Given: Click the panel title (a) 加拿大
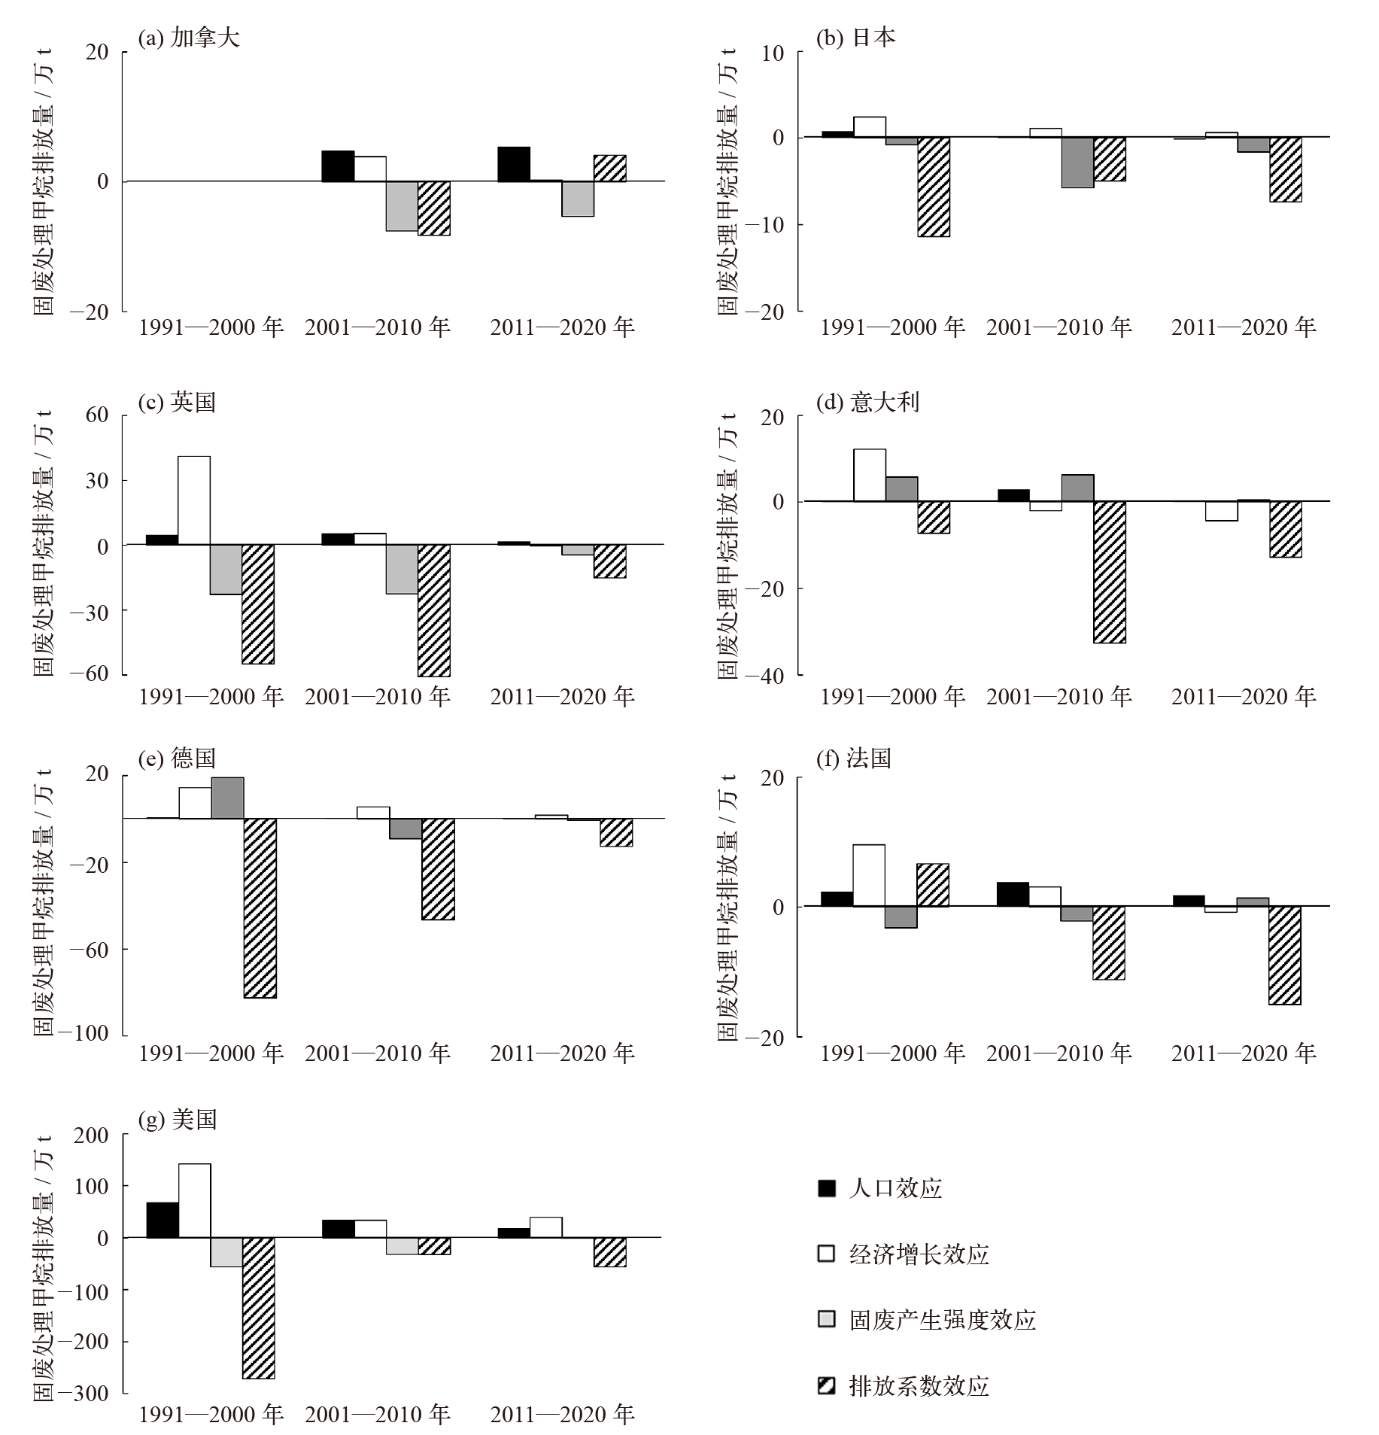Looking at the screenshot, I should pos(189,38).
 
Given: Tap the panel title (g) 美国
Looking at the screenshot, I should pos(178,1120).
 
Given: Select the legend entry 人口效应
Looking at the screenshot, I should pos(895,1188).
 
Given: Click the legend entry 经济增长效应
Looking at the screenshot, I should pos(919,1254).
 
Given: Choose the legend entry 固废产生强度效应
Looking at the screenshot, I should pos(942,1319).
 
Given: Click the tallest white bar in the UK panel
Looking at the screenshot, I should pos(194,500).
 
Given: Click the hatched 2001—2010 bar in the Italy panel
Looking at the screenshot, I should pos(1110,572).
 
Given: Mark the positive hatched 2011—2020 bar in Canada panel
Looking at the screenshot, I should pos(610,168).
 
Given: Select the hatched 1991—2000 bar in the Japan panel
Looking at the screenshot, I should pos(934,187).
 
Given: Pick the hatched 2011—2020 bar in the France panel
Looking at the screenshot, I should pos(1285,955).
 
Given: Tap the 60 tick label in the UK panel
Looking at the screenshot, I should pos(97,415).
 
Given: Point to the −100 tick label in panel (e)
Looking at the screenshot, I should pos(89,1033).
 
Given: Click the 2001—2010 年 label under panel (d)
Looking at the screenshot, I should pos(1059,697).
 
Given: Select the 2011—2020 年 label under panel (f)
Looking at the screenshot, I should pos(1244,1053).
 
